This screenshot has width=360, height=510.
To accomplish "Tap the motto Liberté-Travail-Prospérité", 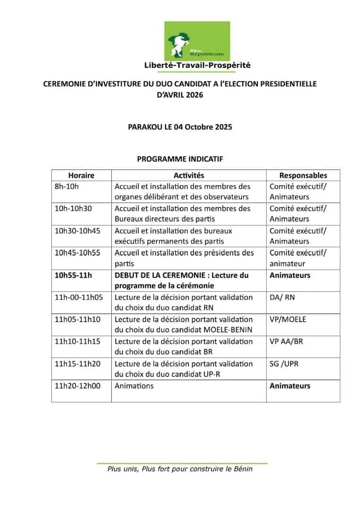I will [197, 65].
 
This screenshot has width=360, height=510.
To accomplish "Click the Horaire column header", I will [81, 175].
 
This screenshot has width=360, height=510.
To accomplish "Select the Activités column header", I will [189, 175].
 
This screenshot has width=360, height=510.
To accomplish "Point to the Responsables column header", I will [303, 175].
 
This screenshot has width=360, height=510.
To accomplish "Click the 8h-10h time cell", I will [67, 187].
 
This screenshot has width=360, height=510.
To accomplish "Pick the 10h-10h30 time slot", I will [73, 209].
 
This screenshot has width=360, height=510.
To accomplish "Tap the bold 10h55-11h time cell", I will [73, 275].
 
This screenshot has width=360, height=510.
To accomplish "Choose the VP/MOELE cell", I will [288, 320].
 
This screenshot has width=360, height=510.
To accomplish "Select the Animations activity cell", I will [134, 386].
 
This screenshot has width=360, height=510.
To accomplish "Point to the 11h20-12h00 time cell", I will [78, 386].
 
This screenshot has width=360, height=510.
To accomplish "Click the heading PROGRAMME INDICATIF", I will [180, 159].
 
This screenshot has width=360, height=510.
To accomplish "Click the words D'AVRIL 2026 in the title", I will [180, 95].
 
